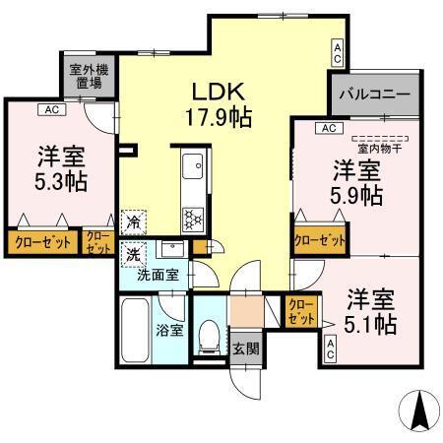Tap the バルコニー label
(x=373, y=95)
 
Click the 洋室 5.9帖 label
(x=356, y=182)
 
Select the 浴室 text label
(x=170, y=330)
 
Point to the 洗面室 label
(x=158, y=276)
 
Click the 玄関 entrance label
(x=245, y=348)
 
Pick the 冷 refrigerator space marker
(x=132, y=223)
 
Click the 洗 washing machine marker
(x=132, y=253)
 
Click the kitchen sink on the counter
(x=191, y=164)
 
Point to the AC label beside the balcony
(x=338, y=48)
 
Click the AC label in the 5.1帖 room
(x=331, y=348)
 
